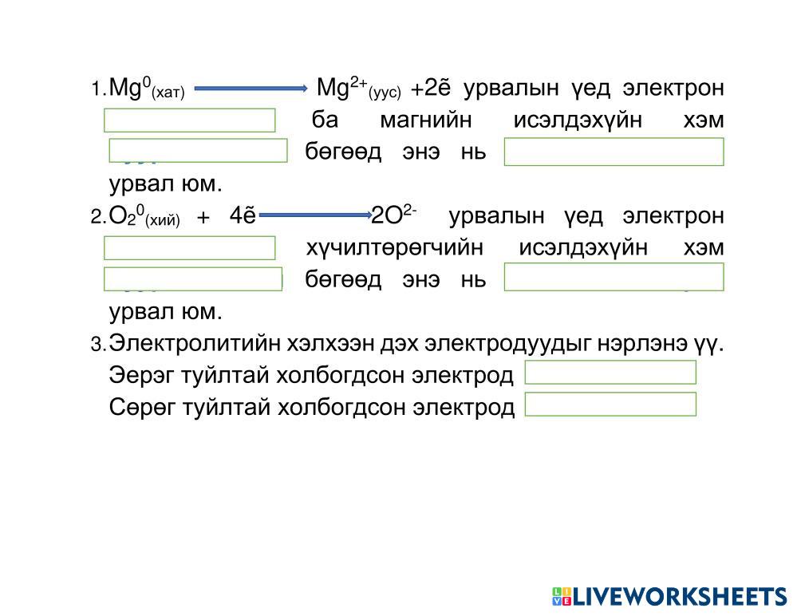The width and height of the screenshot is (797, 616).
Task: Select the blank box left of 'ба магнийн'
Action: click(190, 120)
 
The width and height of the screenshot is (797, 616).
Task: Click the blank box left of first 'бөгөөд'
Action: click(198, 150)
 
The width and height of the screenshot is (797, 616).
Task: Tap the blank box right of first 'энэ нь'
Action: click(614, 152)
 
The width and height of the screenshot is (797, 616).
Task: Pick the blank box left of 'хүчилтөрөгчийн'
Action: click(190, 248)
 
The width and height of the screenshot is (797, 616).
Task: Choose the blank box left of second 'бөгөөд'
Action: click(193, 278)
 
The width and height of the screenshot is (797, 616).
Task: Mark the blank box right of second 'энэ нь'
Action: click(614, 277)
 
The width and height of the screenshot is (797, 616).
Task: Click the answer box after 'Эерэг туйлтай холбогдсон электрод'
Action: click(610, 373)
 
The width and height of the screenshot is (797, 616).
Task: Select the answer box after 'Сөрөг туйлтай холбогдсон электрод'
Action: click(610, 405)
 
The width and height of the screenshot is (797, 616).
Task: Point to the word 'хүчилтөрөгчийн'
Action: click(395, 248)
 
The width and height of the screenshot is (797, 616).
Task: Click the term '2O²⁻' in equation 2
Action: click(394, 215)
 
